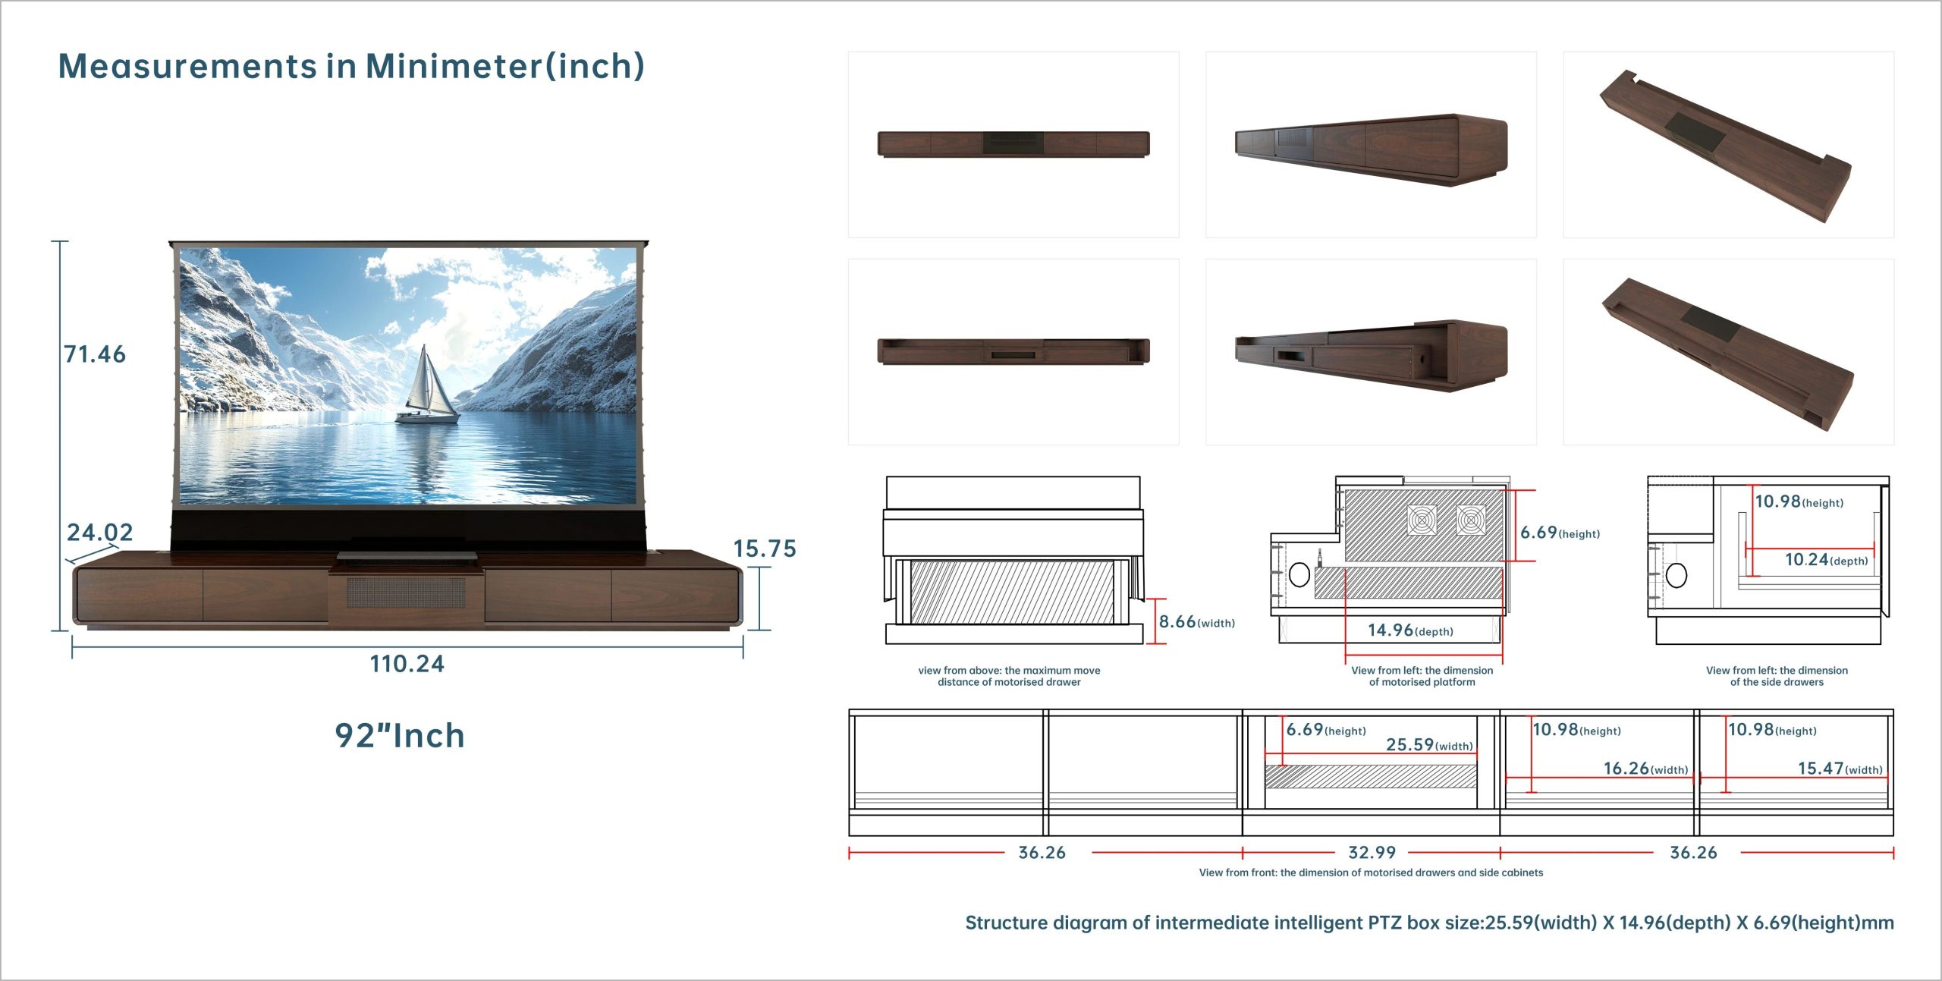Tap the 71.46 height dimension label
pyautogui.click(x=95, y=354)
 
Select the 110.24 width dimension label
pyautogui.click(x=407, y=664)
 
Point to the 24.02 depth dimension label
pyautogui.click(x=99, y=533)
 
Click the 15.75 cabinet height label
pyautogui.click(x=765, y=549)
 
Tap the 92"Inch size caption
pyautogui.click(x=400, y=735)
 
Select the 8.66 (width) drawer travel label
pyautogui.click(x=1197, y=622)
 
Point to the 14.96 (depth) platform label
pyautogui.click(x=1410, y=630)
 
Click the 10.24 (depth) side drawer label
pyautogui.click(x=1827, y=560)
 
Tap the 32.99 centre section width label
pyautogui.click(x=1372, y=853)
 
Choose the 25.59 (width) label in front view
pyautogui.click(x=1429, y=745)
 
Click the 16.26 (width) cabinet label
pyautogui.click(x=1646, y=769)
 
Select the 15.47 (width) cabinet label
pyautogui.click(x=1840, y=769)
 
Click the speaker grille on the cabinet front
pyautogui.click(x=407, y=593)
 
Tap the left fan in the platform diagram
pyautogui.click(x=1422, y=520)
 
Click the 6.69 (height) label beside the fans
pyautogui.click(x=1560, y=533)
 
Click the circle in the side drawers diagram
pyautogui.click(x=1676, y=576)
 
